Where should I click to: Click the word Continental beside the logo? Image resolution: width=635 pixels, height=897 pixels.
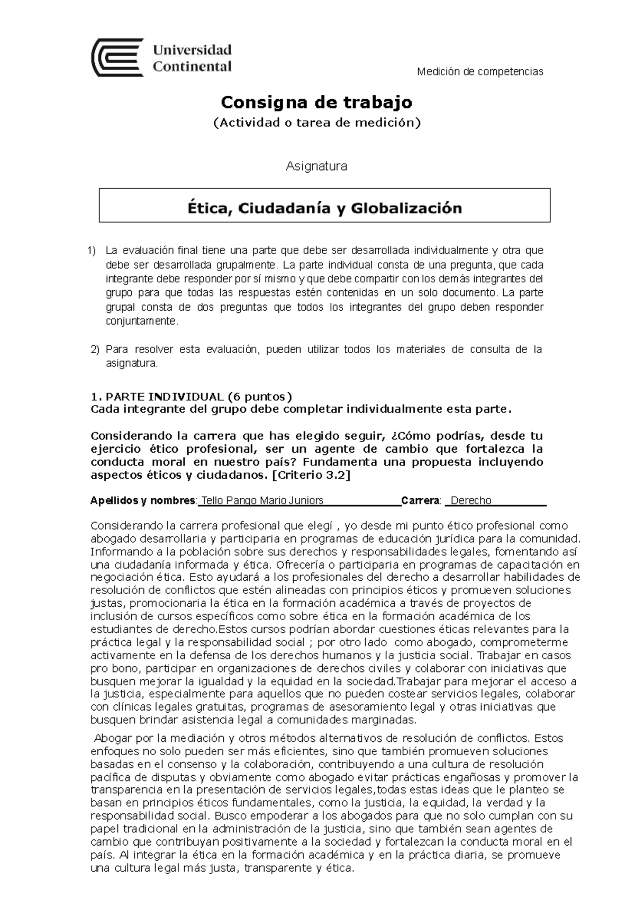click(x=192, y=67)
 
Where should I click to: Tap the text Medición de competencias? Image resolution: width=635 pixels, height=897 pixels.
click(x=480, y=71)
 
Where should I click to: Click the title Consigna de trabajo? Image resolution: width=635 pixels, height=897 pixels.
click(x=316, y=101)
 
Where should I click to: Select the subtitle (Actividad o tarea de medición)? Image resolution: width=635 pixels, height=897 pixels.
click(x=316, y=123)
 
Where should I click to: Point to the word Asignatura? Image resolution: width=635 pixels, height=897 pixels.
click(x=316, y=166)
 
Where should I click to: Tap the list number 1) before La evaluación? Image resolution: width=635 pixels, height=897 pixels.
click(x=93, y=250)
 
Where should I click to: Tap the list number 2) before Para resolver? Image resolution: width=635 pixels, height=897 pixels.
click(x=95, y=349)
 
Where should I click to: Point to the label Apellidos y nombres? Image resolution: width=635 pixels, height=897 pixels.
click(x=143, y=500)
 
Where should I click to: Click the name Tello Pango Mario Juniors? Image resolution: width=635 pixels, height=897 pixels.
click(x=262, y=500)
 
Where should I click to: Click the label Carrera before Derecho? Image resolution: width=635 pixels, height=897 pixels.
click(x=421, y=500)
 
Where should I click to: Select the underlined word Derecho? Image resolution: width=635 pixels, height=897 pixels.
click(x=471, y=500)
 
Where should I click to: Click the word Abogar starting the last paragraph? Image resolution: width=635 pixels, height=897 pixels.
click(x=114, y=738)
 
